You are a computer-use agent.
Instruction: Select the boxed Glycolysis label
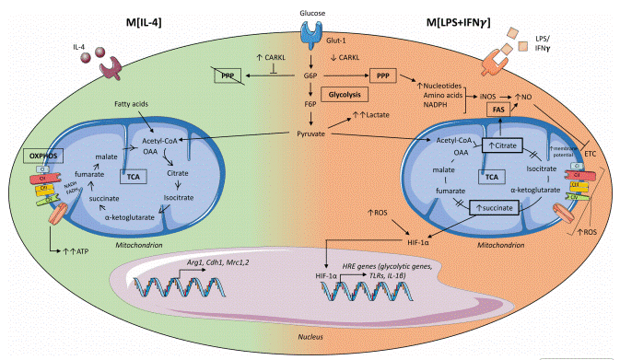(x=343, y=94)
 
